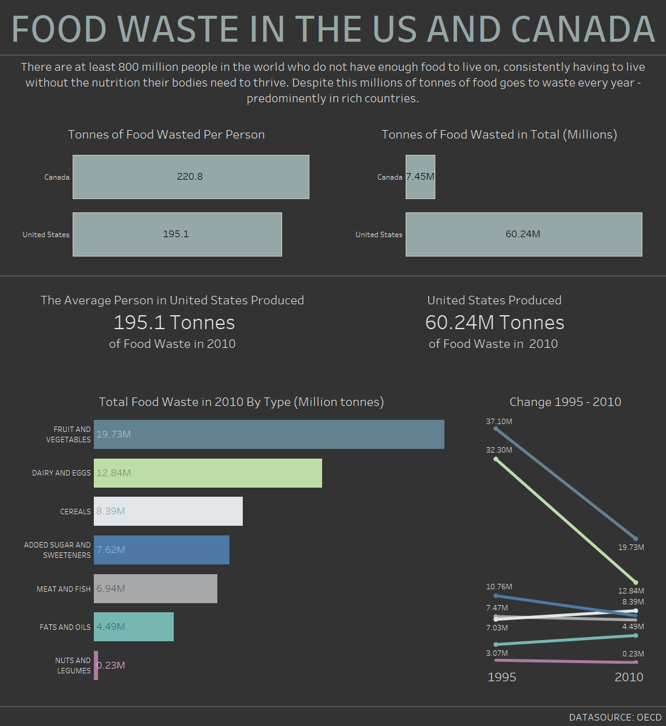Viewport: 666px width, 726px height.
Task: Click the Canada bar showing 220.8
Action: click(x=191, y=177)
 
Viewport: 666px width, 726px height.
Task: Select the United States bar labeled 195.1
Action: click(x=177, y=234)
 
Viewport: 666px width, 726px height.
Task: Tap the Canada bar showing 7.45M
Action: click(x=420, y=177)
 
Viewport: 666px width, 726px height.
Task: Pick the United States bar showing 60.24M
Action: click(x=523, y=234)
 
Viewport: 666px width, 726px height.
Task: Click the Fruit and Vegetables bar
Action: click(x=269, y=434)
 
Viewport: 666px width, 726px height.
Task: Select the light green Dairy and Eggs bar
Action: click(x=208, y=473)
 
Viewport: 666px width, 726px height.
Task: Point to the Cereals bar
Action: click(x=168, y=511)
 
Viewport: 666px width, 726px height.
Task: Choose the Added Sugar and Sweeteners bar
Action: click(x=162, y=550)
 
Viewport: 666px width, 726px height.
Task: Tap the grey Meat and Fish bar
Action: click(x=156, y=589)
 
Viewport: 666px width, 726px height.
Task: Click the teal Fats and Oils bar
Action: click(x=134, y=627)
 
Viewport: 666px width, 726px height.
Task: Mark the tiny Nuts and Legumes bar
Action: click(x=96, y=665)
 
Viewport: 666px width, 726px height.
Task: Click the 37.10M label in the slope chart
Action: click(x=499, y=421)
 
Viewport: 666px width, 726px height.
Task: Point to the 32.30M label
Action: click(x=499, y=450)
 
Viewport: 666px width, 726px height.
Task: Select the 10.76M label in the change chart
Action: click(x=499, y=587)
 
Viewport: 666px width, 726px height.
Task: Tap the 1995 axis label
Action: click(x=502, y=677)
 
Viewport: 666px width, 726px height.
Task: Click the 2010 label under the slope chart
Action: click(x=629, y=677)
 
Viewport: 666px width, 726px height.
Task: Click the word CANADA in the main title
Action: click(x=582, y=29)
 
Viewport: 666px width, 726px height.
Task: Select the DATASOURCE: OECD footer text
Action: click(x=615, y=717)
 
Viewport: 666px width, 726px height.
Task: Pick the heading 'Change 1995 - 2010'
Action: click(x=565, y=402)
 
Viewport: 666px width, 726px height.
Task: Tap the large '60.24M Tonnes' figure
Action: click(x=495, y=322)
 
